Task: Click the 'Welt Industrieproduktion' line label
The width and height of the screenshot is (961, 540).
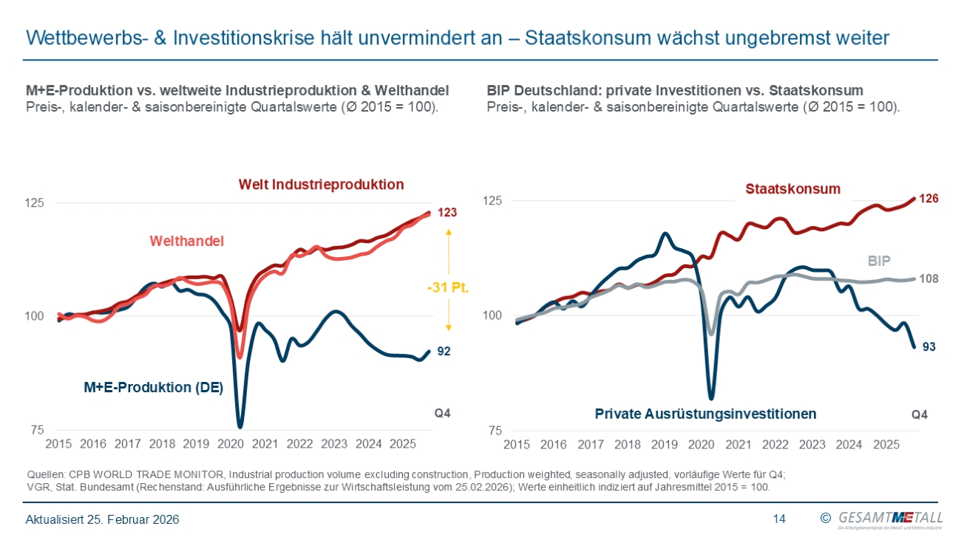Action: [x=321, y=185]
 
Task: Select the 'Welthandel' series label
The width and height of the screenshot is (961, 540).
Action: [x=186, y=241]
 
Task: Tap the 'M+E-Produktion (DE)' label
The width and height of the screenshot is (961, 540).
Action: [x=153, y=387]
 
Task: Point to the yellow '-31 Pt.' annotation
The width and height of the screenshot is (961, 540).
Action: [x=448, y=287]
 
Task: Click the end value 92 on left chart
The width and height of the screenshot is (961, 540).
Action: [x=444, y=352]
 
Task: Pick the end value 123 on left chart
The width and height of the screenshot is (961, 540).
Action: [x=446, y=213]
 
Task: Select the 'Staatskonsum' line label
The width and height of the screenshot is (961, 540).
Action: [x=792, y=189]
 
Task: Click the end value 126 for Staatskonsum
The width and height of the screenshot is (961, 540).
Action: [x=928, y=199]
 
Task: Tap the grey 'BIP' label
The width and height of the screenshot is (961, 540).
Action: [x=878, y=261]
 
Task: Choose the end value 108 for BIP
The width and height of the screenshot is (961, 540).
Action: [x=928, y=279]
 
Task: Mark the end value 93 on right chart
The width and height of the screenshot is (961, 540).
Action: [x=929, y=346]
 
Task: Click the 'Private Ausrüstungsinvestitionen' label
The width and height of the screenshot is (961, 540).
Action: [x=705, y=414]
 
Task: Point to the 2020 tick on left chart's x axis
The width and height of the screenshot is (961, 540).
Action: [x=231, y=444]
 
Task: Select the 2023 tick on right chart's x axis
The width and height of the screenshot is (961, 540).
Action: [x=812, y=445]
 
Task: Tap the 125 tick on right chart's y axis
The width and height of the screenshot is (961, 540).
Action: [x=492, y=201]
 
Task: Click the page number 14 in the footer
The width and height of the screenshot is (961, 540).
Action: [x=779, y=519]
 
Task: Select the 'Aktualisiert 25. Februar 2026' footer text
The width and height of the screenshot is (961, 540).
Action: [x=103, y=520]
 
